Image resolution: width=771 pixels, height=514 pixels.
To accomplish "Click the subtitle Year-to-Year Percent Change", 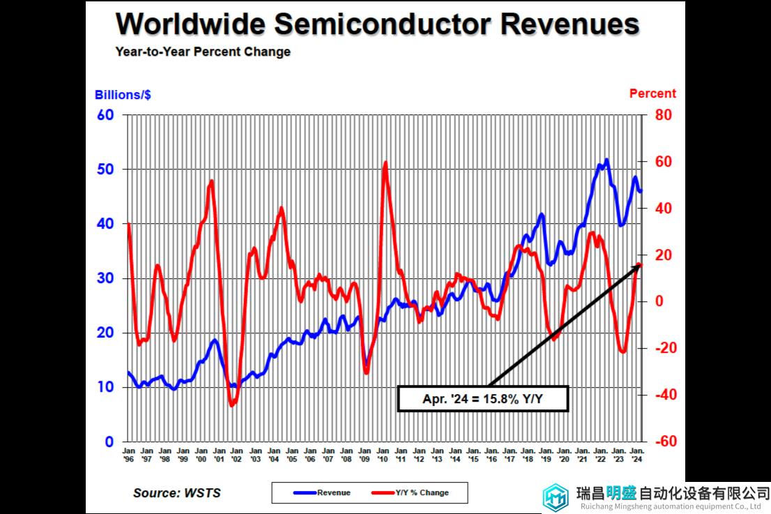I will [203, 52].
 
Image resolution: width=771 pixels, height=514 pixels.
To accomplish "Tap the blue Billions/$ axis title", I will [123, 95].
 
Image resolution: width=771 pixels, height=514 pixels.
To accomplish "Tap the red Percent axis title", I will [652, 93].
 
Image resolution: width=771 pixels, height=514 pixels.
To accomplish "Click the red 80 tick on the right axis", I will [662, 115].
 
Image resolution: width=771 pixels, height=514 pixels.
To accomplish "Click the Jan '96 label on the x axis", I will [129, 456].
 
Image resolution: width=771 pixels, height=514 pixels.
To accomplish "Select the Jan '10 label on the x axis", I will [382, 456].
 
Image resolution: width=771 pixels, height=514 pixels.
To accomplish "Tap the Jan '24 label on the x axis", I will [636, 456].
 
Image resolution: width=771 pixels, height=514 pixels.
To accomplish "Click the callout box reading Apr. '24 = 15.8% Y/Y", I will [483, 398].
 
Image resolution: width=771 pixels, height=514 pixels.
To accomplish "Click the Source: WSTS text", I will [176, 493].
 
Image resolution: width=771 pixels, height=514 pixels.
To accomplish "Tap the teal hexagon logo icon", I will [557, 497].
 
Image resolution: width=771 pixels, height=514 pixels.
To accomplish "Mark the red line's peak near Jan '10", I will [385, 162].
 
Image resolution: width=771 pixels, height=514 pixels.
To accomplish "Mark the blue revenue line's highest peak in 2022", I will [606, 160].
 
